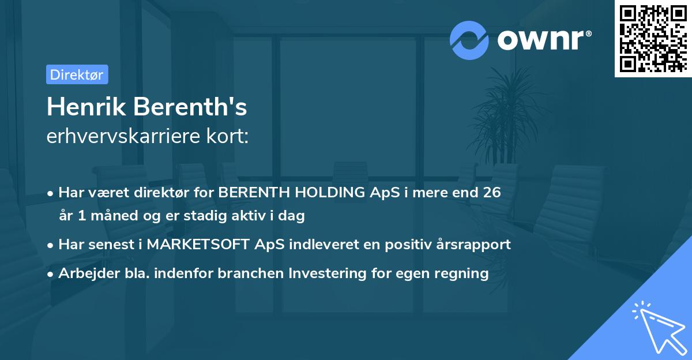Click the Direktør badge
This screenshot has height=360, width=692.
click(x=77, y=74)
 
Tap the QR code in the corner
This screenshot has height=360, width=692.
click(x=652, y=39)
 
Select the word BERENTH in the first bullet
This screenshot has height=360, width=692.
click(x=249, y=193)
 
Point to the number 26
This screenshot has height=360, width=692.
click(x=492, y=193)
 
